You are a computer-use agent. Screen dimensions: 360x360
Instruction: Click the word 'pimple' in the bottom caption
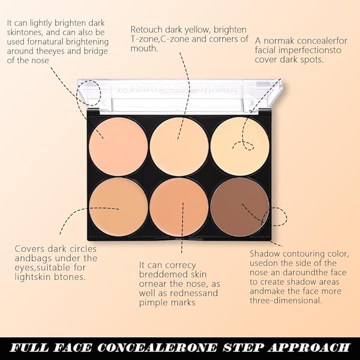tap(154, 303)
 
